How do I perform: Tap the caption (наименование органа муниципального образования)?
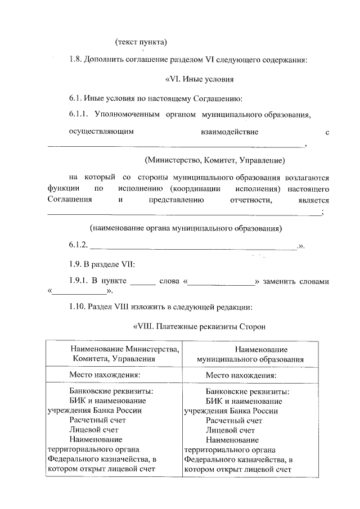point(186,228)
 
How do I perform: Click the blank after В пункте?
point(142,281)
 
